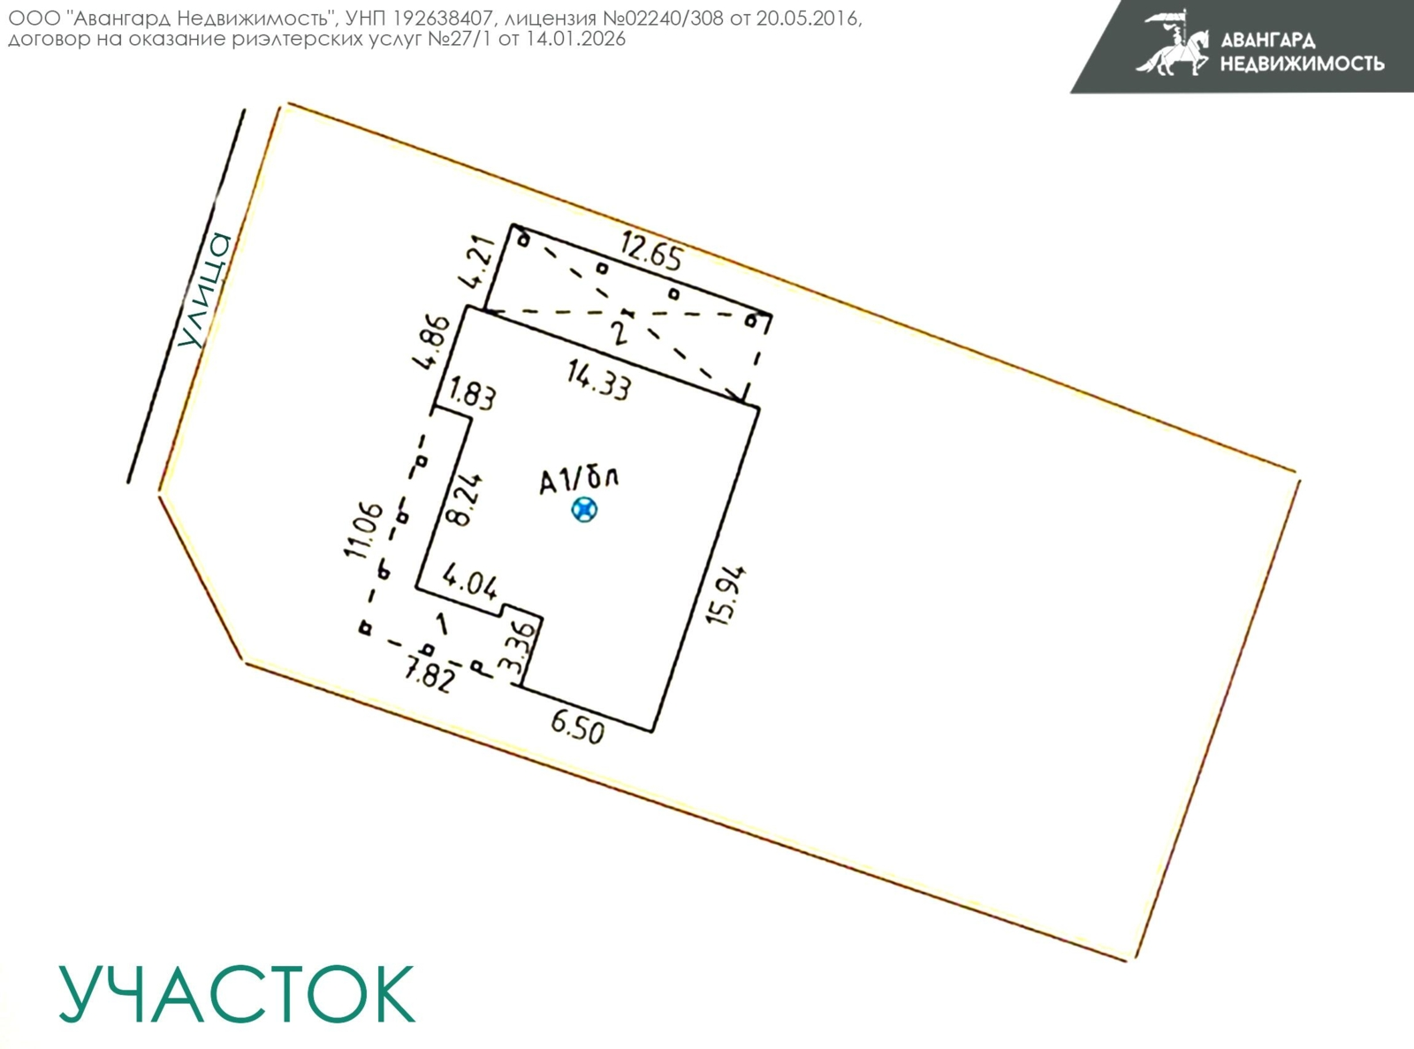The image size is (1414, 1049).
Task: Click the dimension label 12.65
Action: point(652,251)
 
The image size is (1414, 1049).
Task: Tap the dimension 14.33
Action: point(599,380)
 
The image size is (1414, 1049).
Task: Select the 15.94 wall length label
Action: point(726,595)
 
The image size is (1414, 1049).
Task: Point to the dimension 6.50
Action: point(578,727)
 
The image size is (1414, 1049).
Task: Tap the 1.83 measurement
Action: point(473,392)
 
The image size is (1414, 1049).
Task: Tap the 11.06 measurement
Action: point(363,529)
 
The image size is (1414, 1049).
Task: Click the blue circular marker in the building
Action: point(584,510)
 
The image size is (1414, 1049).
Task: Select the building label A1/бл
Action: point(579,481)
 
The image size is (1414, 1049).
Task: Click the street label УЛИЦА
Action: point(205,290)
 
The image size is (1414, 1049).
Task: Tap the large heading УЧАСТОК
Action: point(237,993)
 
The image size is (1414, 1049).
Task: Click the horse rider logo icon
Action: point(1173,42)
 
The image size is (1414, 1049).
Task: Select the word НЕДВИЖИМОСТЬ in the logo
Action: point(1302,64)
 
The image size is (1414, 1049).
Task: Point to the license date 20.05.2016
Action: point(807,19)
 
